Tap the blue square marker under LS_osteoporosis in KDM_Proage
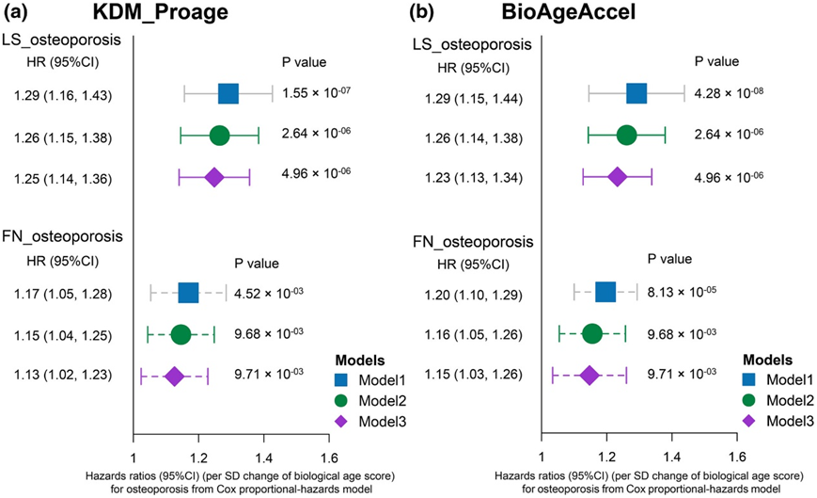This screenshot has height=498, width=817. click(228, 93)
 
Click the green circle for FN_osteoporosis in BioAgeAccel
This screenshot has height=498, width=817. click(592, 332)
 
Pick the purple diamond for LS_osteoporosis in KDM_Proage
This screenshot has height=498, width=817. click(213, 177)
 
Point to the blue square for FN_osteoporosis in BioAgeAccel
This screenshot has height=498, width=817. click(605, 291)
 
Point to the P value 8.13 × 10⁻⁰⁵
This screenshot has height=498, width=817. click(679, 291)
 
